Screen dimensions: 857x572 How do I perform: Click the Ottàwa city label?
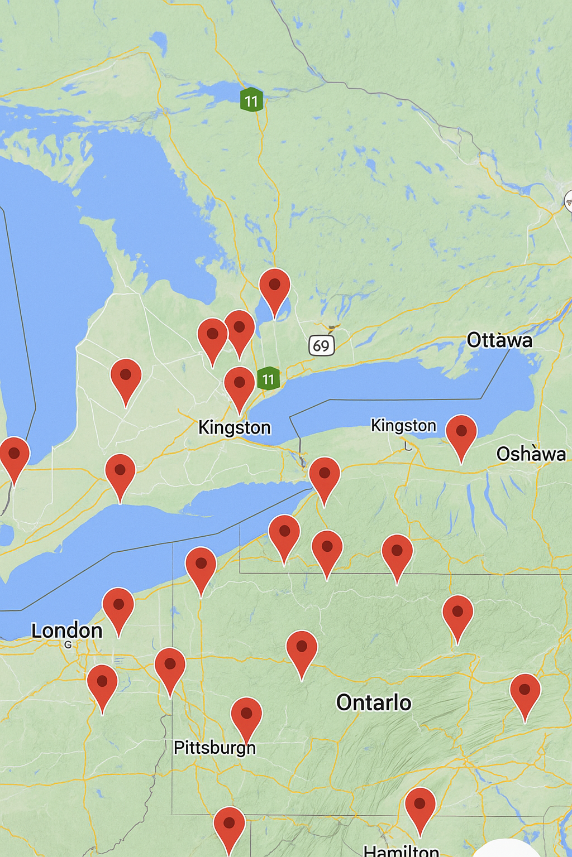click(x=499, y=340)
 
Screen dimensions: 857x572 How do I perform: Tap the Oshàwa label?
click(x=531, y=454)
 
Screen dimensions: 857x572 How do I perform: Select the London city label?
click(x=66, y=630)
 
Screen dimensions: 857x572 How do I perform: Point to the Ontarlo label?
click(x=373, y=702)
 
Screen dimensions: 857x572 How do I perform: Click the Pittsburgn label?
click(x=214, y=747)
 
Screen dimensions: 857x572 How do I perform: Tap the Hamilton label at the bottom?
click(x=401, y=851)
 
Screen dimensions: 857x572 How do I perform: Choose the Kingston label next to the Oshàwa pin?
click(x=403, y=425)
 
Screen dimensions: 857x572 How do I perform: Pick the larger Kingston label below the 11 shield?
click(x=234, y=427)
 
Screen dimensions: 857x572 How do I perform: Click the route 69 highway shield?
click(x=321, y=345)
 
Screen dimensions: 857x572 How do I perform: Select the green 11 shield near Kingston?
click(x=269, y=379)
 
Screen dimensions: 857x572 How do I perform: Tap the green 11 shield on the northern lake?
click(x=251, y=100)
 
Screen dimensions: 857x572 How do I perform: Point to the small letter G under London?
click(x=68, y=644)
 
